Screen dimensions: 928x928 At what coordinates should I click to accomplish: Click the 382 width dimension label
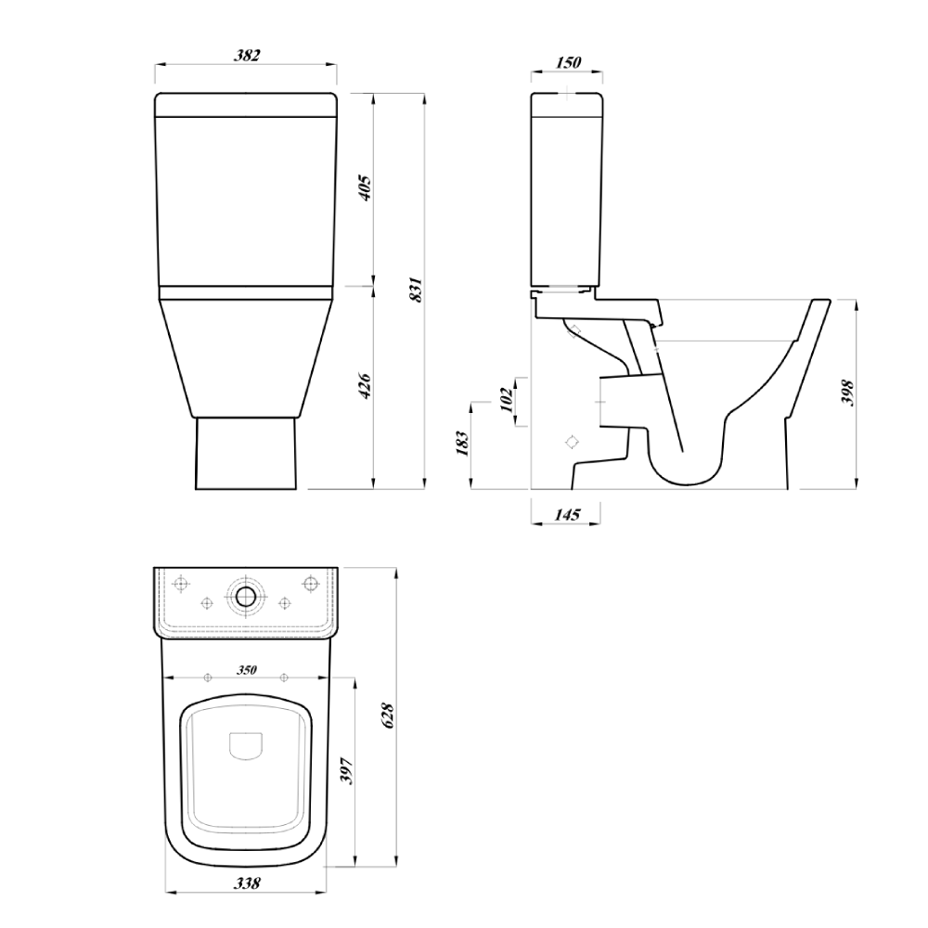pos(247,55)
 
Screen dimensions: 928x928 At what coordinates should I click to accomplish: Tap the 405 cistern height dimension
pos(365,187)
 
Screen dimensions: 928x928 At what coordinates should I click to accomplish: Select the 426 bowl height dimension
pos(365,386)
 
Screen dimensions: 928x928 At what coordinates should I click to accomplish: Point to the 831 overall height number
pos(417,290)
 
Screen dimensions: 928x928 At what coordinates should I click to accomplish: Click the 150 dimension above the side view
pos(569,62)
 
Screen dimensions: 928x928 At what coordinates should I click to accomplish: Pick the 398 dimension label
pos(847,393)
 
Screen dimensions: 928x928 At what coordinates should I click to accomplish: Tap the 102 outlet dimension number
pos(506,400)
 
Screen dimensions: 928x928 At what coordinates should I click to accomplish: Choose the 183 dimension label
pos(462,444)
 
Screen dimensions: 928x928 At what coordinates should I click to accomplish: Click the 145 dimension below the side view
pos(567,514)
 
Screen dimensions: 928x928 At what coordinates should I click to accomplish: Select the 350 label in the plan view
pos(247,670)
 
